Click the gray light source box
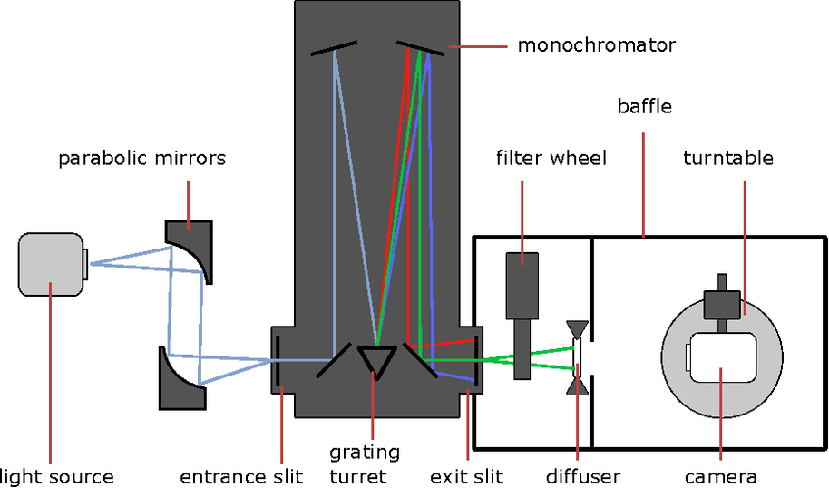[51, 263]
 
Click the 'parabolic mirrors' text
[142, 159]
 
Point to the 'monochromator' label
[596, 44]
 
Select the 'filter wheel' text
[551, 159]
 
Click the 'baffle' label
[644, 107]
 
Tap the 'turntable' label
[728, 159]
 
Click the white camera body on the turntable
[721, 358]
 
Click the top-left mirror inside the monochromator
[335, 47]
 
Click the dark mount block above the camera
[722, 299]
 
